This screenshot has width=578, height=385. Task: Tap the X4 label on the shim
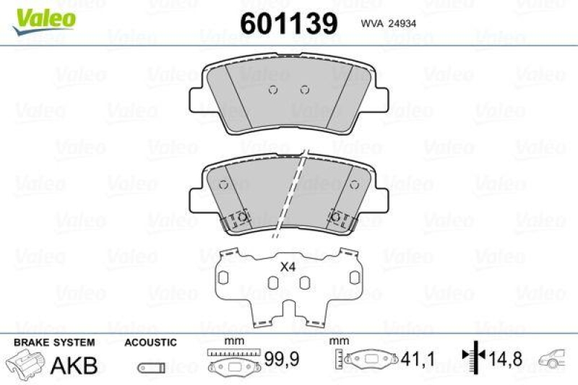288,267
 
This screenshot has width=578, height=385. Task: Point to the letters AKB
74,365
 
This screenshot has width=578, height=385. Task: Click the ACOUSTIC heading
150,342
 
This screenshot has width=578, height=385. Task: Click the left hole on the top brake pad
272,90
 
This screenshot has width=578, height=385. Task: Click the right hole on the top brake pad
304,90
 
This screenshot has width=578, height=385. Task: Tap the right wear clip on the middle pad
337,217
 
